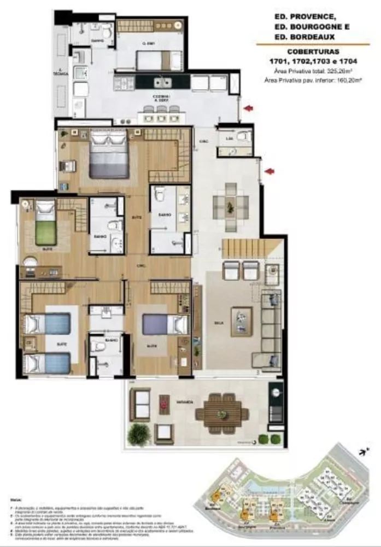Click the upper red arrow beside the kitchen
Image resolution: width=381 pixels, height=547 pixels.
pos(249,109)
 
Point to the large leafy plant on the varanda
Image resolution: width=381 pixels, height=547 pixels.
pos(139,434)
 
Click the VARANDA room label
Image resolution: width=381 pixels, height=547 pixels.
pos(183,402)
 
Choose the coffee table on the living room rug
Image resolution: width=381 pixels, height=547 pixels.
pos(241,321)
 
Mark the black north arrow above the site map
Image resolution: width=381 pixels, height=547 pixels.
pos(361,451)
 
